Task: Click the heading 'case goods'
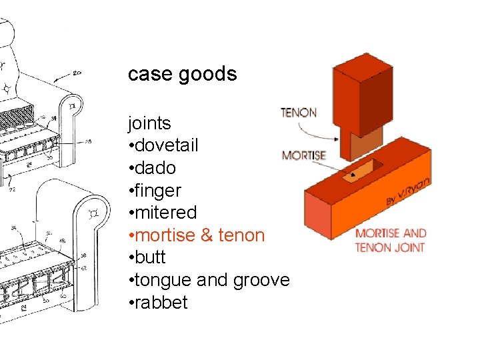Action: pyautogui.click(x=182, y=73)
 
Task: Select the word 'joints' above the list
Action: pyautogui.click(x=149, y=123)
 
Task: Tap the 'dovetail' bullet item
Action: pyautogui.click(x=163, y=145)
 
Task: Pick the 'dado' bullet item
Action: pyautogui.click(x=152, y=168)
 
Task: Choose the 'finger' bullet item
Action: pyautogui.click(x=155, y=191)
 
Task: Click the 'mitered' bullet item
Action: pyautogui.click(x=163, y=213)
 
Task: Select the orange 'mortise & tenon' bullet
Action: pyautogui.click(x=197, y=235)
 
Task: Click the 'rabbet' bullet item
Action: pyautogui.click(x=158, y=303)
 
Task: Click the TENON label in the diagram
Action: pyautogui.click(x=298, y=113)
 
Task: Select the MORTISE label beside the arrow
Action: pyautogui.click(x=303, y=156)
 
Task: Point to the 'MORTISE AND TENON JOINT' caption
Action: pyautogui.click(x=391, y=240)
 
